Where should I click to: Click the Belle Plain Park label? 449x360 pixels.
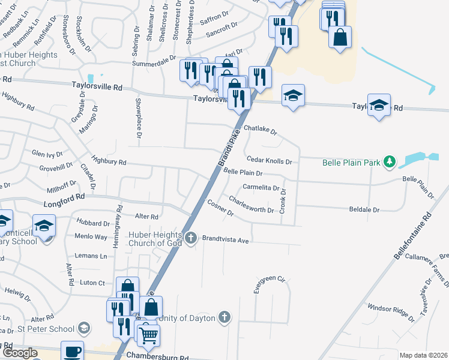click(x=351, y=162)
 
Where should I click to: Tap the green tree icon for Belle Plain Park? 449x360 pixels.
click(x=390, y=161)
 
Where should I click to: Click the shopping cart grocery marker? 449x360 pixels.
click(x=148, y=335)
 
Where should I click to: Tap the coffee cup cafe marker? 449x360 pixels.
click(x=72, y=351)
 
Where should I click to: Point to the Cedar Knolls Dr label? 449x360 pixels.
click(x=269, y=161)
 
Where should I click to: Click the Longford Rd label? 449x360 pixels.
click(x=64, y=196)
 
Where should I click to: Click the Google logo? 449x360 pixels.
click(x=20, y=353)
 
